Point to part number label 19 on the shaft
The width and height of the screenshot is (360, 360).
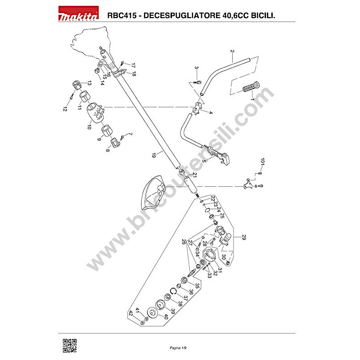click(154, 155)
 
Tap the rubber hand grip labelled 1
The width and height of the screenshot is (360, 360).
click(251, 87)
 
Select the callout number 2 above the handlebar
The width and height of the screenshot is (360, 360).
click(232, 51)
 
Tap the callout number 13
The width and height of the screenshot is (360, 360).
click(89, 83)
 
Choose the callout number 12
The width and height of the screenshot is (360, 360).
click(65, 109)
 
